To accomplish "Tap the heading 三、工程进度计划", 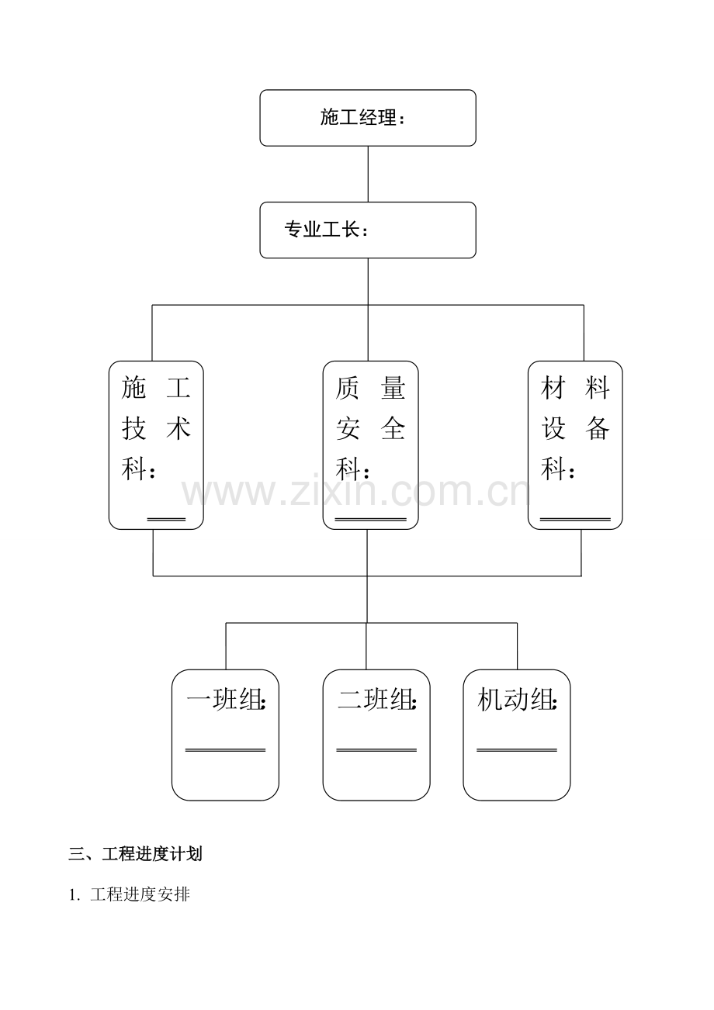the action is tap(135, 853).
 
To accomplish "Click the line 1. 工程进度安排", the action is tap(130, 894).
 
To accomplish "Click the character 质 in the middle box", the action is tap(348, 388).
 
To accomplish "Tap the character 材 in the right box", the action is tap(553, 388).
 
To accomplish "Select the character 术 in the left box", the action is tap(178, 428).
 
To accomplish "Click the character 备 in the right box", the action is tap(598, 428).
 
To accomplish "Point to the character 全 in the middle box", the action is tap(393, 428).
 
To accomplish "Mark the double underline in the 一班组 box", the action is tap(226, 751).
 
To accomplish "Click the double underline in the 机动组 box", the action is tap(517, 751).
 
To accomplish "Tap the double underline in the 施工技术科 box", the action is tap(166, 520).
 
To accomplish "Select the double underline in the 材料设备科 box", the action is tap(576, 520).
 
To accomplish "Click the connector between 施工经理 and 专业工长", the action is tap(368, 174).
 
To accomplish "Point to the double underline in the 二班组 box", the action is tap(376, 751).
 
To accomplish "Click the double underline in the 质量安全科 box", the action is tap(371, 520).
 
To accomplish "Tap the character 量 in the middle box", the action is tap(393, 388).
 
